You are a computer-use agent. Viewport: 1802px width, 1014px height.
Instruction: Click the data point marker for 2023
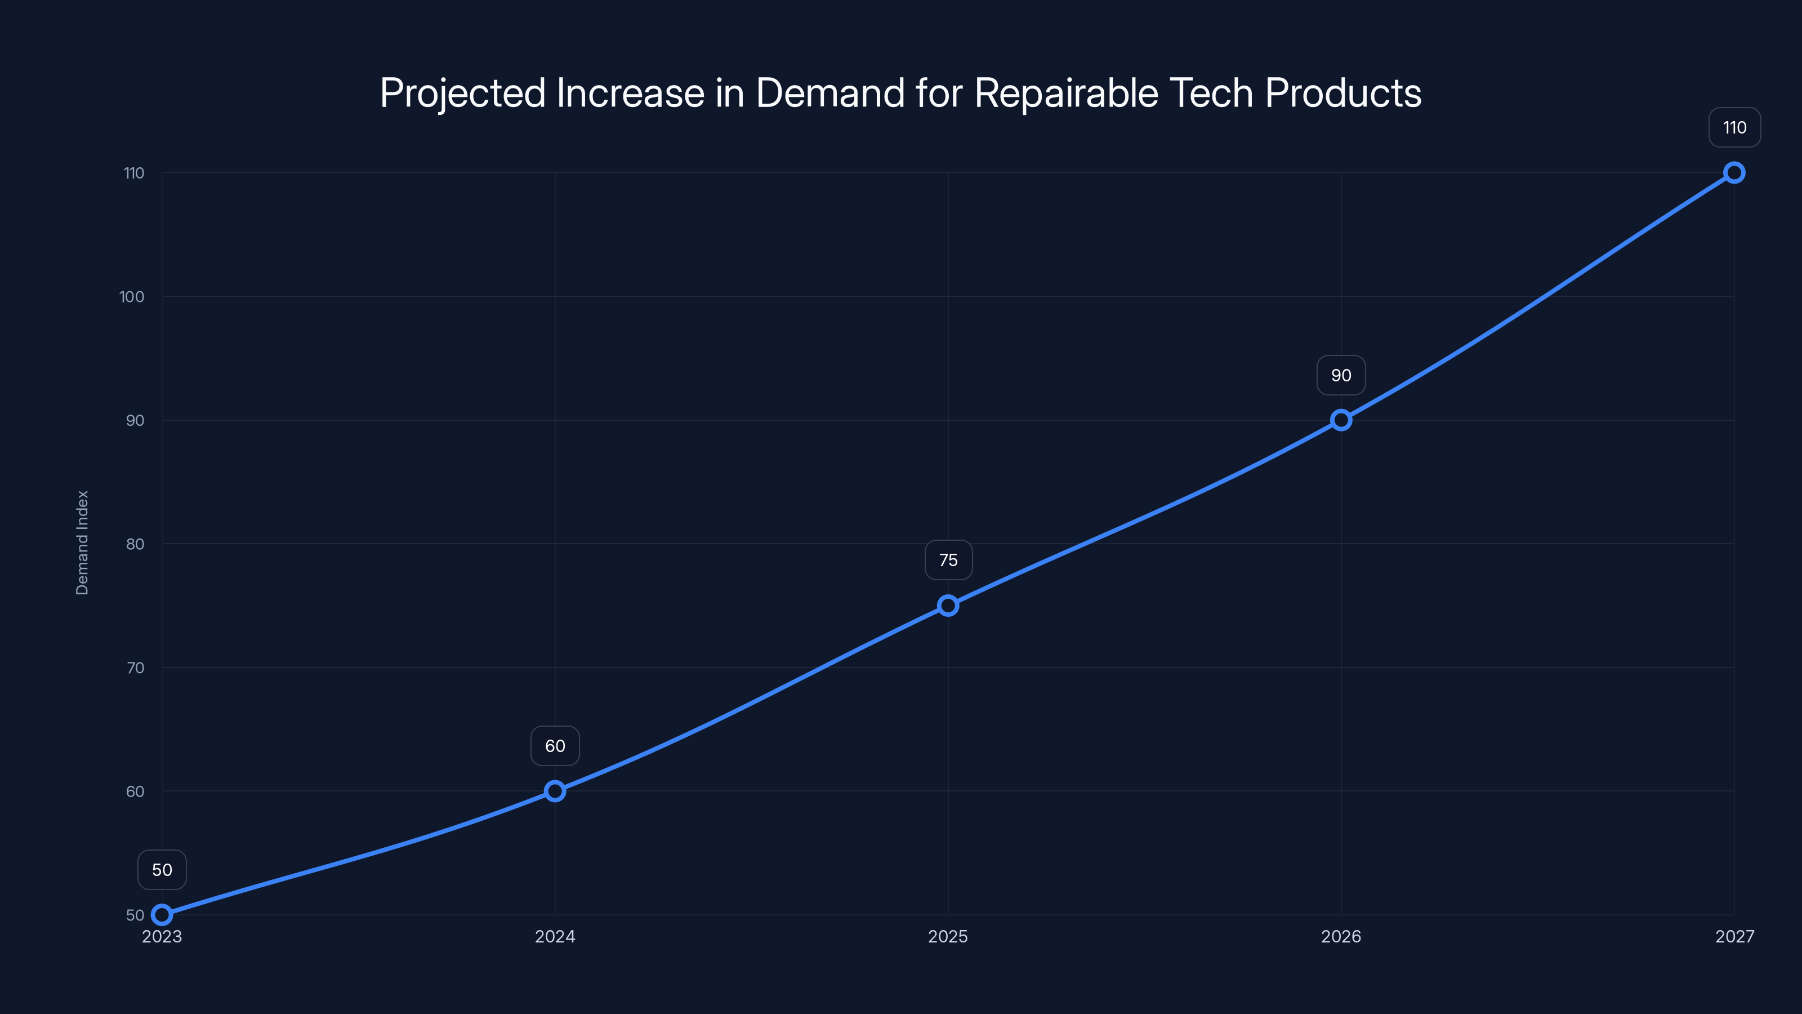click(162, 915)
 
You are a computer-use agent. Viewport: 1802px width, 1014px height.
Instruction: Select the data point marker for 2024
click(555, 791)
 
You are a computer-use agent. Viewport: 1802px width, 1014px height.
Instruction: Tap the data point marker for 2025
click(948, 606)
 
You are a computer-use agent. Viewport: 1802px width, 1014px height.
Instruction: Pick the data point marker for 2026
click(1341, 420)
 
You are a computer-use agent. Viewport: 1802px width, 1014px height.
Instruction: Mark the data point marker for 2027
click(1734, 173)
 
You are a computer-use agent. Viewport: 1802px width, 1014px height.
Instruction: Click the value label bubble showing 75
click(948, 560)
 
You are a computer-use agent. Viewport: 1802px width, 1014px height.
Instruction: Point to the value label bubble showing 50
click(162, 870)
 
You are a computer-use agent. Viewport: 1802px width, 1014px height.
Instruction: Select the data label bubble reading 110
click(1734, 127)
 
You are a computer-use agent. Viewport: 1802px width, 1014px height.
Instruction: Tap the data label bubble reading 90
click(1341, 375)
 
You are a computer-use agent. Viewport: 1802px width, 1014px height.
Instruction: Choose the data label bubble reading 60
click(555, 746)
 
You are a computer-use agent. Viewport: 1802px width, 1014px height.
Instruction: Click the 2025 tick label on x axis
click(948, 936)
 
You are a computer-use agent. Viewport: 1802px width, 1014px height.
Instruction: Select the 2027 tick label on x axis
click(1734, 936)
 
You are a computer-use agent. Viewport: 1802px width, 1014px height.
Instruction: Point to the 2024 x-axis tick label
click(555, 936)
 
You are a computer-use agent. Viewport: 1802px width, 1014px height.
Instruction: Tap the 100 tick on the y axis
click(132, 297)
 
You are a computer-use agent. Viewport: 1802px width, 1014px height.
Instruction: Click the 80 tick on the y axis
click(135, 544)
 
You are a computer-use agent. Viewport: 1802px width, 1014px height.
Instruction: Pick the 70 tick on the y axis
click(135, 668)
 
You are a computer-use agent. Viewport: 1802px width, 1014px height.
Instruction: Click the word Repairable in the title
click(1066, 93)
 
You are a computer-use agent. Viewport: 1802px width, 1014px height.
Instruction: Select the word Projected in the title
click(462, 93)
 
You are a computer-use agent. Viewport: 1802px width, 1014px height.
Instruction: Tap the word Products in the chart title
click(1343, 93)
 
